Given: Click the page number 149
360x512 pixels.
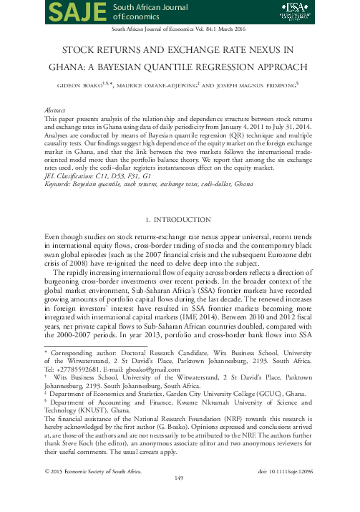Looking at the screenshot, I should point(180,496).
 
